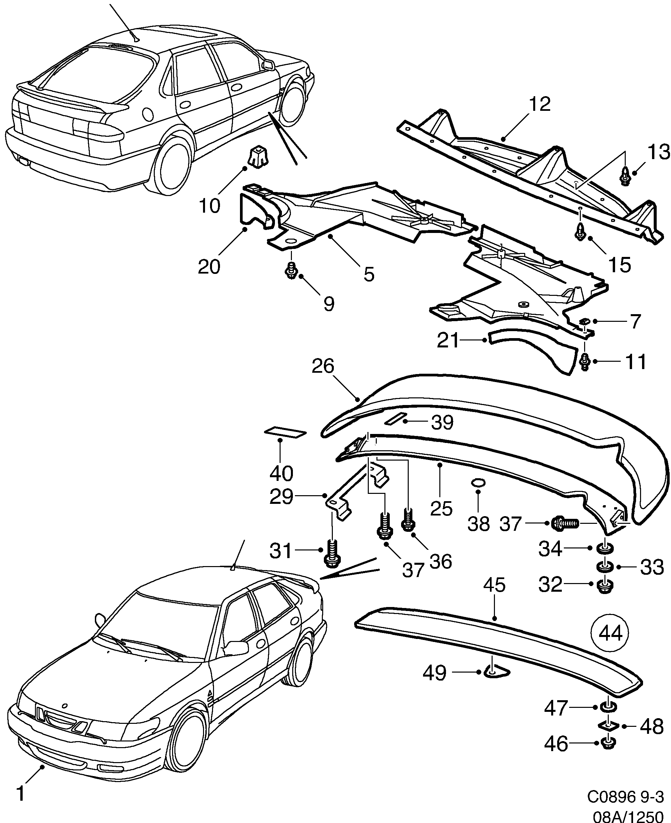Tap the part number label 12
pyautogui.click(x=540, y=104)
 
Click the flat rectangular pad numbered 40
pyautogui.click(x=285, y=432)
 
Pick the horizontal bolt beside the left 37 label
pyautogui.click(x=564, y=523)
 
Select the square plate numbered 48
pyautogui.click(x=609, y=725)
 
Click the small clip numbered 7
pyautogui.click(x=585, y=321)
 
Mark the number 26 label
pyautogui.click(x=323, y=366)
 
